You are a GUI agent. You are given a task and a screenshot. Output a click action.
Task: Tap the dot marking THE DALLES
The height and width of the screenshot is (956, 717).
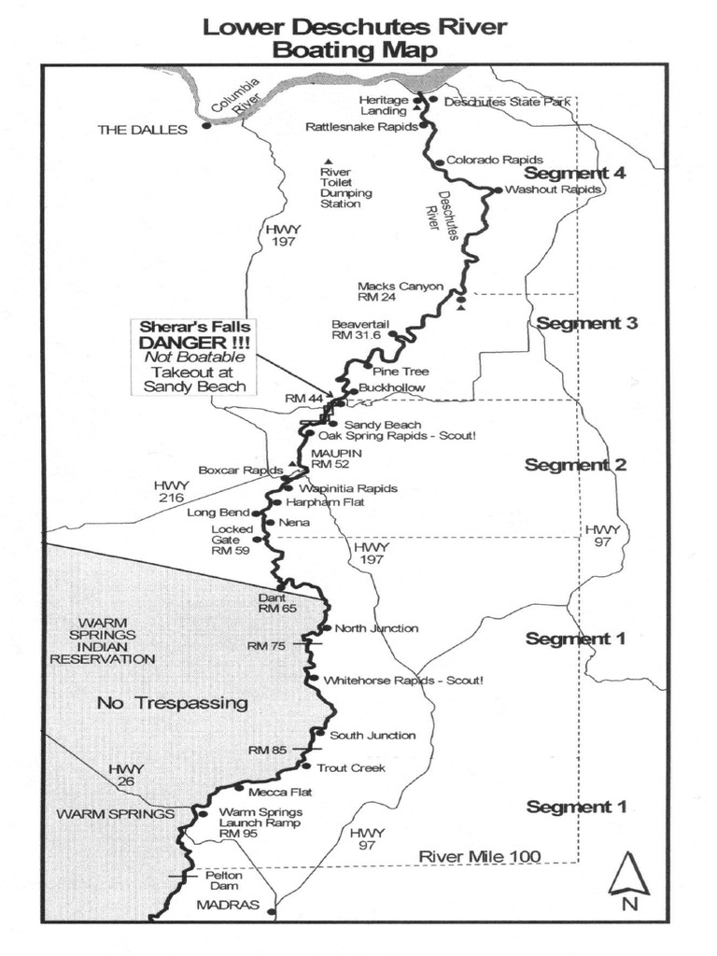(x=206, y=124)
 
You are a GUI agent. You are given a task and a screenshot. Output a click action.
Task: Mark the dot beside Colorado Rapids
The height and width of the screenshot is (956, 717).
(x=439, y=162)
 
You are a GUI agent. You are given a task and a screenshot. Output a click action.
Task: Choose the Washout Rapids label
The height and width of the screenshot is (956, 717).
(x=553, y=190)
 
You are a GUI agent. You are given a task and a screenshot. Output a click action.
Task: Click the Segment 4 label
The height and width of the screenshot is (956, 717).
(x=574, y=173)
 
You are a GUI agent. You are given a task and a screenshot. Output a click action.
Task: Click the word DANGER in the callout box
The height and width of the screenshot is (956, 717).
(x=195, y=343)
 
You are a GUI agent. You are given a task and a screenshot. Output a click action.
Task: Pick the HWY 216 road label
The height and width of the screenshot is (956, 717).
(x=172, y=491)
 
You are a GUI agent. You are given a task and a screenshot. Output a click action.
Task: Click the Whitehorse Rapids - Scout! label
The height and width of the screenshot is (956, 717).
(x=403, y=681)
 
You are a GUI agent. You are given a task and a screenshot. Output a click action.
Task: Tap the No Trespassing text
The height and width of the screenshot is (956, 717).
(x=172, y=703)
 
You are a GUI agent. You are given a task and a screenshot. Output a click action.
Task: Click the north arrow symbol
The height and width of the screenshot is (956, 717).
(x=628, y=876)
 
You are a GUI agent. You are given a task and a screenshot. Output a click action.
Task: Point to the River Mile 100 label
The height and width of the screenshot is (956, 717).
(x=478, y=855)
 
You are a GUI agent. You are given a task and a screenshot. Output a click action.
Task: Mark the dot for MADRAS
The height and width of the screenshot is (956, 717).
(x=272, y=911)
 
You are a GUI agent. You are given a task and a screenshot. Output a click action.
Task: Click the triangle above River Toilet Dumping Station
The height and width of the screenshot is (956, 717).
(x=328, y=161)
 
